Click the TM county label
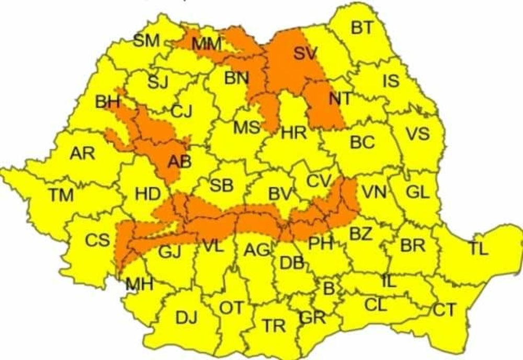point(61,195)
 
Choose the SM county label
point(146,41)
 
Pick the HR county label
point(293,133)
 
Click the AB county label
point(178,163)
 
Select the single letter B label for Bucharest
point(329,287)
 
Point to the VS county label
point(417,133)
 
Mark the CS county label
point(97,240)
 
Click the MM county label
point(207,45)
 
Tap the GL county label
point(417,192)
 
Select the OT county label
point(231,308)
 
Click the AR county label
point(83,153)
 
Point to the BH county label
point(108,102)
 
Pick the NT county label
point(340,98)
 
